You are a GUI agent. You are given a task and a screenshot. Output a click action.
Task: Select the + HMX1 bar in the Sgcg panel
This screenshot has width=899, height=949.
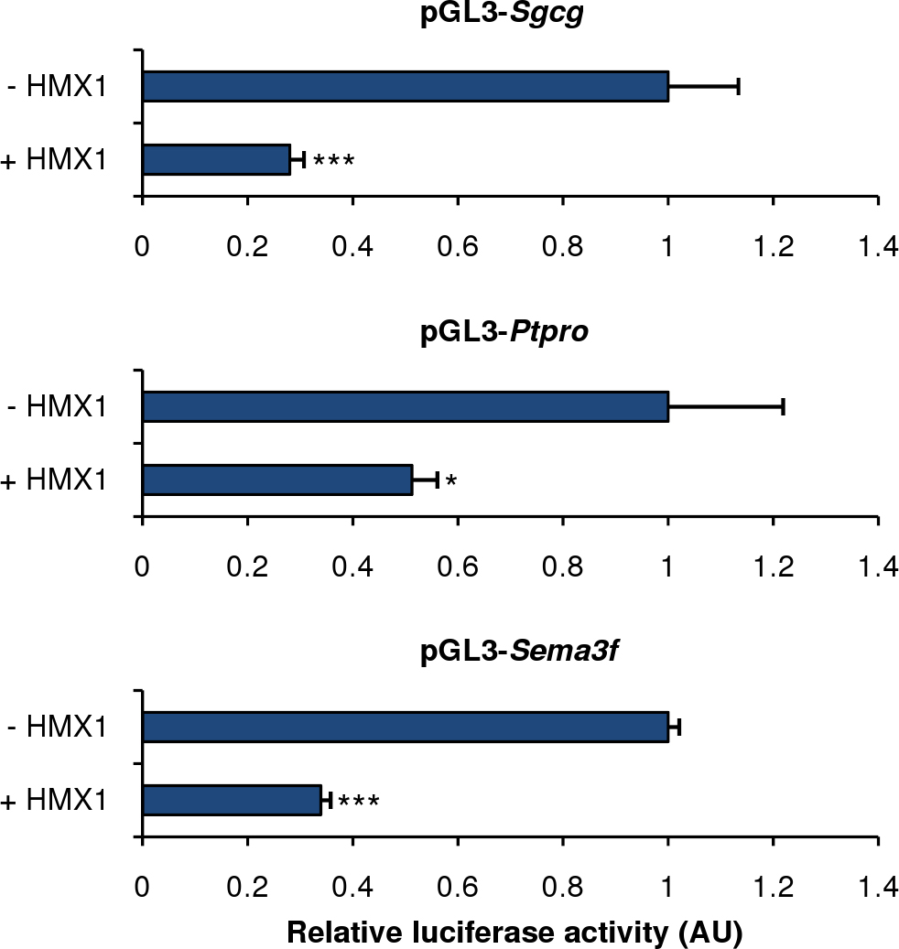click(x=216, y=159)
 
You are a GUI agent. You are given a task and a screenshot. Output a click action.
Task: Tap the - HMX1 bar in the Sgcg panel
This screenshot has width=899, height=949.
click(x=406, y=87)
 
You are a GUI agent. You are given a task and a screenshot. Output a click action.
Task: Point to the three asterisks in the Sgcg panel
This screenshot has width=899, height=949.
click(x=333, y=162)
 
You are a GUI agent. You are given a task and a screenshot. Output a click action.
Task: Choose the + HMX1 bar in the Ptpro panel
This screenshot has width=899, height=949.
click(x=277, y=480)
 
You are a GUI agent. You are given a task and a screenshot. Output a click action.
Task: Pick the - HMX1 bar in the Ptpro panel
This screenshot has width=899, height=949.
click(x=406, y=407)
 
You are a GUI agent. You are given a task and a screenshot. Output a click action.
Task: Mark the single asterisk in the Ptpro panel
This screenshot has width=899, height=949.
click(x=450, y=481)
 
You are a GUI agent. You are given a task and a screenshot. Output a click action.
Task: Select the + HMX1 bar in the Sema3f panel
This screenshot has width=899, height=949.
click(x=232, y=800)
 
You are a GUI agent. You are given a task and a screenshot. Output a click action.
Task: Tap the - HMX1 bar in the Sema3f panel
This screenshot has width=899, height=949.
click(x=406, y=728)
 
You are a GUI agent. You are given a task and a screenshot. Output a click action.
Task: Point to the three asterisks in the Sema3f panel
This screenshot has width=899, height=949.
click(x=359, y=803)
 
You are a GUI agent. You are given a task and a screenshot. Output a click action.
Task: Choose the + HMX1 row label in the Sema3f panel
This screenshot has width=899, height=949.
click(x=55, y=801)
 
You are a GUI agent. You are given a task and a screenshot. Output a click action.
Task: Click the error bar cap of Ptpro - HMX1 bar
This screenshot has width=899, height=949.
click(x=784, y=407)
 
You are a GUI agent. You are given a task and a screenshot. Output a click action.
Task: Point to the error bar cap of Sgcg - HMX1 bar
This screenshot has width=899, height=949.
click(x=738, y=87)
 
